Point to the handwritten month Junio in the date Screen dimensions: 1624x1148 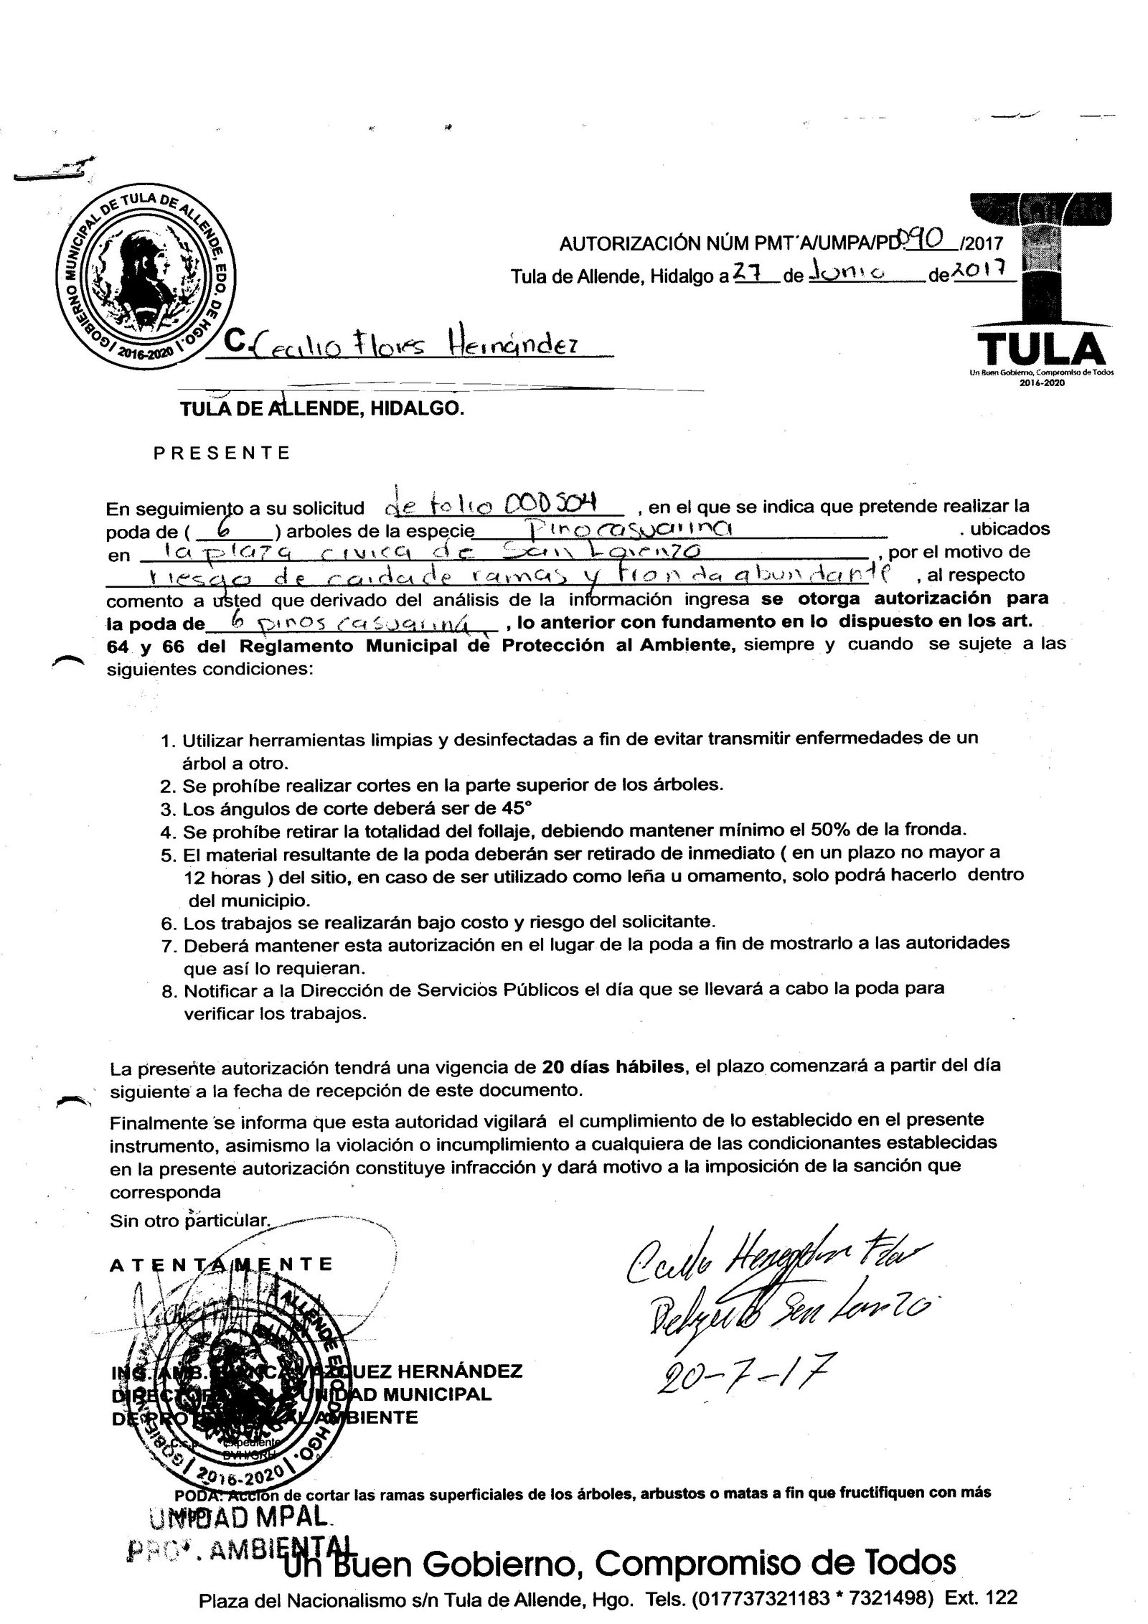point(847,273)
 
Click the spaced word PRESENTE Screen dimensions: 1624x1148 point(222,453)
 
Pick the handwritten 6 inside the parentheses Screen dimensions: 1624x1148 point(228,530)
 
